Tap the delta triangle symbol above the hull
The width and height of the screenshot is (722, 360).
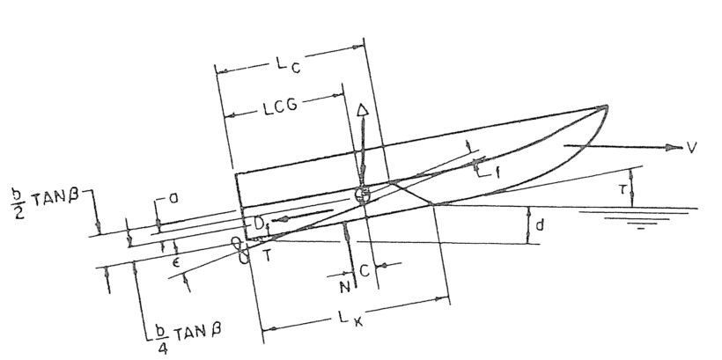tap(362, 112)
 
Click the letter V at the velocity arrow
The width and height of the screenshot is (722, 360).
tap(692, 147)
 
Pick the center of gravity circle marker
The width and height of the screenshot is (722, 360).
tap(360, 195)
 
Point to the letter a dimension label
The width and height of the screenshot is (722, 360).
tap(173, 200)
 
